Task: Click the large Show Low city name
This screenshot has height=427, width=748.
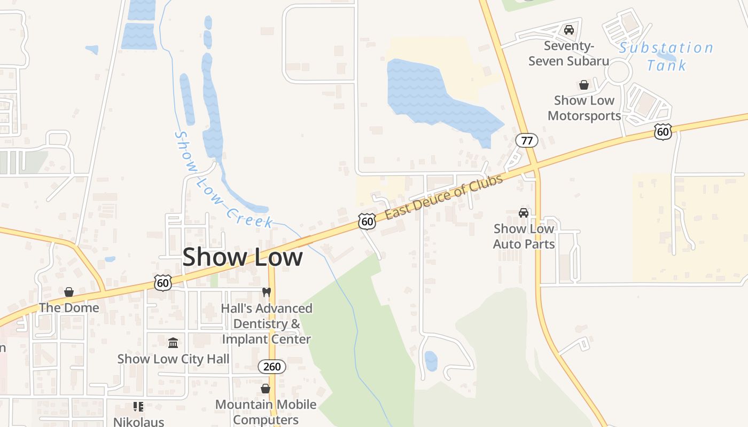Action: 243,257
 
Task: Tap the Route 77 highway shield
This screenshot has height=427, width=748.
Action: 527,140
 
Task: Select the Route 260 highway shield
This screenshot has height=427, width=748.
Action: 272,367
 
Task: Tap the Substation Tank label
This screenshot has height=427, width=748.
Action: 666,56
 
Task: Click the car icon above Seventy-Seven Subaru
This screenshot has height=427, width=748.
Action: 569,30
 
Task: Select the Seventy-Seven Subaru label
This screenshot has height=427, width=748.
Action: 568,53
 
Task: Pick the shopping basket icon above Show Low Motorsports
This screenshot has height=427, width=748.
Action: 584,85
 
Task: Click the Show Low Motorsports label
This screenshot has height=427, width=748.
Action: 584,108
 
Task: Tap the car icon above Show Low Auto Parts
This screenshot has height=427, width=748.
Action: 524,213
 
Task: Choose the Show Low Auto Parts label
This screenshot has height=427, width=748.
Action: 524,236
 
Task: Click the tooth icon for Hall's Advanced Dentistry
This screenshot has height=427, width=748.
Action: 267,292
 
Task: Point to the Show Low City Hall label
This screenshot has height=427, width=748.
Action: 173,359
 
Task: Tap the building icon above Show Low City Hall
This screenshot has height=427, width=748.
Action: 173,343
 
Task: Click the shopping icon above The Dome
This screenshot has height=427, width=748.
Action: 69,292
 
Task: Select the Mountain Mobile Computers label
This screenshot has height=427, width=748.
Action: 266,412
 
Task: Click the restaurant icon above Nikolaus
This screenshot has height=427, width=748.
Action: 138,407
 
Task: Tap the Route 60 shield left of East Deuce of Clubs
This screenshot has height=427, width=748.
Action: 367,221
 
